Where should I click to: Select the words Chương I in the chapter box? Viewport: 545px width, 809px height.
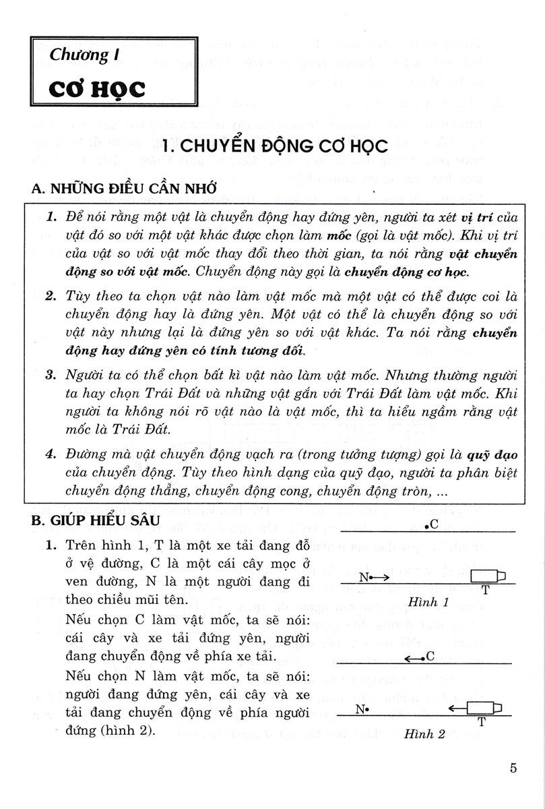(80, 55)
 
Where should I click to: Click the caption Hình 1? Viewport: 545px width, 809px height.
(428, 602)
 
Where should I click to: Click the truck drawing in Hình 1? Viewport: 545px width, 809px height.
(487, 576)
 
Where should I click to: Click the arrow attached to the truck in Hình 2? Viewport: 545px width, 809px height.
(458, 708)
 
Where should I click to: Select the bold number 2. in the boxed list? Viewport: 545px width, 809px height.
(51, 297)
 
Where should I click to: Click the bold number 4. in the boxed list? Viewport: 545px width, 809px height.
(51, 454)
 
